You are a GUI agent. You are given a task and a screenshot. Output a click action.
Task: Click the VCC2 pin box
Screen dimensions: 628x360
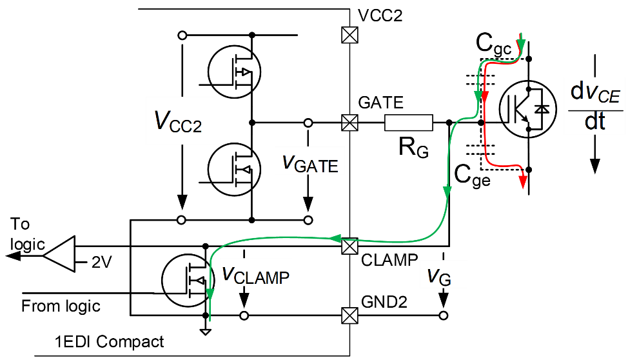tap(349, 35)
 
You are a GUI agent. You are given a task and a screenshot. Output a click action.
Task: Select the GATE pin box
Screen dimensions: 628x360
tap(349, 123)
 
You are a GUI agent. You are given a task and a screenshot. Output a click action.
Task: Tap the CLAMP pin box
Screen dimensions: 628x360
tap(349, 246)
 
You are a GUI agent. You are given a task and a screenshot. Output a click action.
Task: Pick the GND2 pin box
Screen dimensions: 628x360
tap(349, 315)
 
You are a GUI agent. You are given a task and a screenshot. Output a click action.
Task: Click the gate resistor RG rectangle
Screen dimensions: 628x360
tap(409, 123)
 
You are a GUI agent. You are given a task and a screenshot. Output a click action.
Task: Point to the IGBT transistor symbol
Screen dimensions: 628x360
tap(528, 109)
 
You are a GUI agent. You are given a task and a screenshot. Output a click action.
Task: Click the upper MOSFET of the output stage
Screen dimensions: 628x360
tap(234, 72)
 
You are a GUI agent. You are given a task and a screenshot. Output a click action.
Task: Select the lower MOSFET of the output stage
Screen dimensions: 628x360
tap(234, 170)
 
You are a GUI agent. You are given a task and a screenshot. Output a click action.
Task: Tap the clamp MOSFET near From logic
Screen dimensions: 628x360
tap(188, 281)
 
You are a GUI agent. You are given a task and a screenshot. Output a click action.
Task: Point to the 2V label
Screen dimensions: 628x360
tap(102, 262)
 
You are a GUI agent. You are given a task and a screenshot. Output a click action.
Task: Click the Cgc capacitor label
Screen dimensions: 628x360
tap(493, 43)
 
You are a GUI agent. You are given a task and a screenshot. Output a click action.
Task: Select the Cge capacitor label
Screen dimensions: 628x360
tap(472, 175)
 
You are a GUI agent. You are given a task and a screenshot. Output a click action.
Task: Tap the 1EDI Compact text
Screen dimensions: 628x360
tap(110, 341)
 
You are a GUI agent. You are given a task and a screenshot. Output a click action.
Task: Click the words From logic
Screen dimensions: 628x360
tap(61, 306)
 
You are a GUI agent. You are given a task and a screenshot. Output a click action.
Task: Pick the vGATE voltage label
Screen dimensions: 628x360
tap(310, 164)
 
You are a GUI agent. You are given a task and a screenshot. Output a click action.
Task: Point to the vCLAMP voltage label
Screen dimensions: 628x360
tap(255, 275)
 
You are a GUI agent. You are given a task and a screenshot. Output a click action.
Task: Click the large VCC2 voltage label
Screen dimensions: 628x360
tap(178, 121)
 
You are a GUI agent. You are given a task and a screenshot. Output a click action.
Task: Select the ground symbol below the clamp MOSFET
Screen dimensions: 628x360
tap(206, 331)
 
